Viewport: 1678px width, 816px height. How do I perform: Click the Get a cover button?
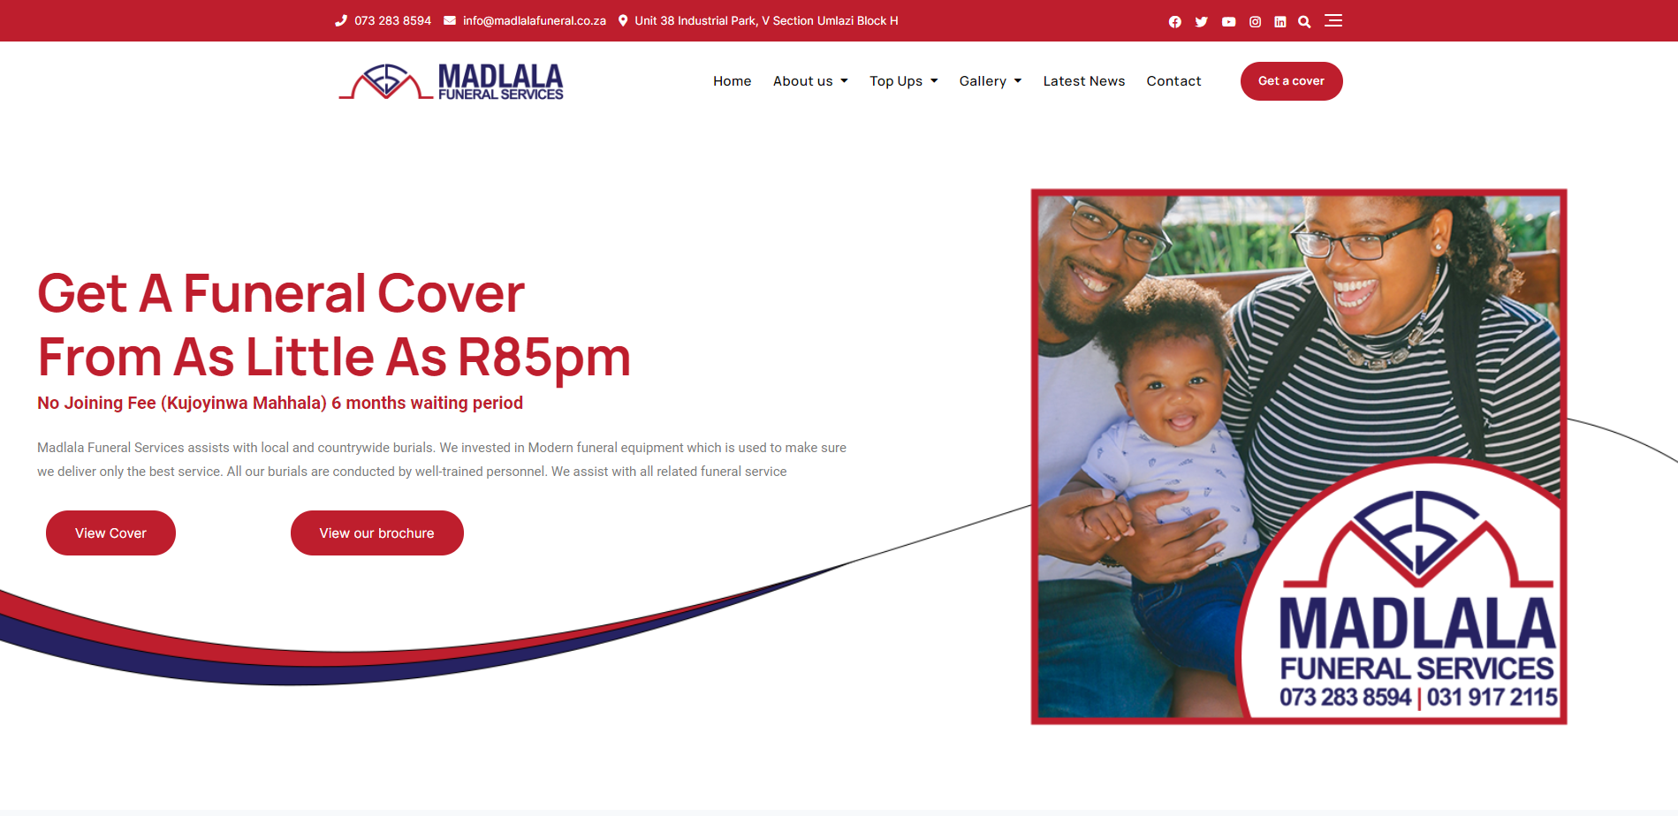pos(1291,81)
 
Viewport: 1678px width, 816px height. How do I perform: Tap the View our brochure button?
pos(377,533)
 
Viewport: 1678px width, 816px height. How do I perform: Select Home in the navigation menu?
pos(733,81)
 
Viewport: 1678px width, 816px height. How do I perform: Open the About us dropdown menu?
pos(810,81)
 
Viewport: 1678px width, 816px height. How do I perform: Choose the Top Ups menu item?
pos(904,81)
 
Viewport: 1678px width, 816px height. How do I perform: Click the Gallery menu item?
pos(991,81)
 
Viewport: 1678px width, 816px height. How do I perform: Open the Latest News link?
pos(1084,81)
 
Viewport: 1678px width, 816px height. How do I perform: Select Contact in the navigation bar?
pos(1174,81)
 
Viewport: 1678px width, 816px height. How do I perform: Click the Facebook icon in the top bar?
pos(1175,22)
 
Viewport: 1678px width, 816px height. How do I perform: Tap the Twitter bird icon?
pos(1202,22)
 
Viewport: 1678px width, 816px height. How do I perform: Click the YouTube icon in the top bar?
pos(1229,22)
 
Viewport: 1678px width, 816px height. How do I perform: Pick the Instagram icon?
pos(1256,22)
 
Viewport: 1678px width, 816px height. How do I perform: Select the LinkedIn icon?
pos(1280,22)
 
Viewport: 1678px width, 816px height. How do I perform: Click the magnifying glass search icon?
pos(1304,22)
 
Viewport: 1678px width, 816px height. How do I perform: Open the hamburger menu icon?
pos(1333,20)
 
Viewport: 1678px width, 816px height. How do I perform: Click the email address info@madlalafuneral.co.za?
pos(535,20)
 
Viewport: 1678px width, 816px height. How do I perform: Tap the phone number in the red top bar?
pos(393,20)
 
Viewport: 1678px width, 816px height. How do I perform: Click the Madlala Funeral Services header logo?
pos(452,81)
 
